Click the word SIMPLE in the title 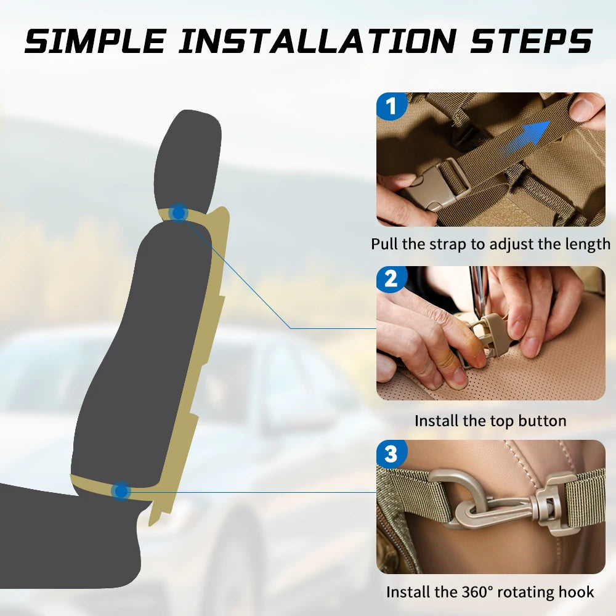click(95, 41)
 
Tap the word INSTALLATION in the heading click(317, 41)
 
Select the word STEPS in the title click(531, 41)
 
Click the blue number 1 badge click(391, 106)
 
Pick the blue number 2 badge click(391, 279)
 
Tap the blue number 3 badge click(391, 453)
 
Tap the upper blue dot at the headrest click(179, 213)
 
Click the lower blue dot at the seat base click(121, 491)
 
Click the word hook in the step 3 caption click(577, 591)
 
